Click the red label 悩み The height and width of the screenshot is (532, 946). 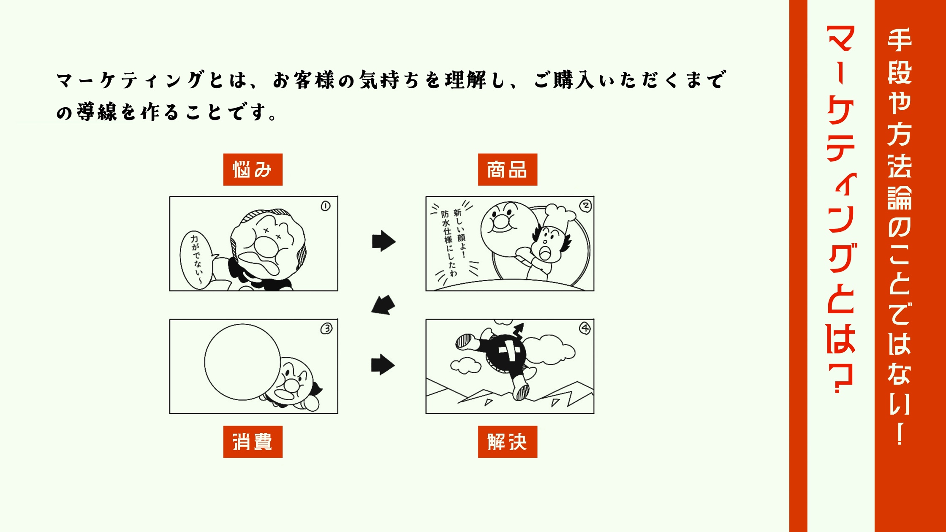253,169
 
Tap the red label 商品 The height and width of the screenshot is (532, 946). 507,169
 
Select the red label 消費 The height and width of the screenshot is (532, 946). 253,442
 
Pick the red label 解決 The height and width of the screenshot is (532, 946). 507,442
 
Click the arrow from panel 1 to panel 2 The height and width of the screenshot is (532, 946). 383,241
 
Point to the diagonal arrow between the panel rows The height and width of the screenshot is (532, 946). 383,305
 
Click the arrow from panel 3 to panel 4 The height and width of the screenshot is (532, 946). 383,364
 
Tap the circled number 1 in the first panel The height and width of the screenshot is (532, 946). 325,206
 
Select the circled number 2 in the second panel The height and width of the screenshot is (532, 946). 585,206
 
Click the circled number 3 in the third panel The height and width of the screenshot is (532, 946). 326,328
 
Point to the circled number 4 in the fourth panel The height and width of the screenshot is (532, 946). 585,328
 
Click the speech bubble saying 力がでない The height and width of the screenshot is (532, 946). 197,260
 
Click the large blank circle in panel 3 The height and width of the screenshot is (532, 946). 242,362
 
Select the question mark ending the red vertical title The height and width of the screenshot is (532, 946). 841,378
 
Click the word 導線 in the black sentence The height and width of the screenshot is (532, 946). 97,112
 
